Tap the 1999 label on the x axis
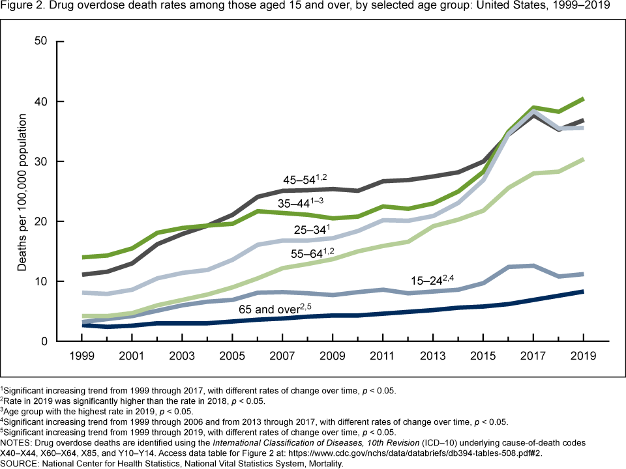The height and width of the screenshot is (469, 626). [82, 358]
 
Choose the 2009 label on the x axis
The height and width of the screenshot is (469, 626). [333, 358]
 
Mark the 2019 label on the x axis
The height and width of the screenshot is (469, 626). [582, 358]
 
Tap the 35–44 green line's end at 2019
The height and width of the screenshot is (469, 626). [582, 99]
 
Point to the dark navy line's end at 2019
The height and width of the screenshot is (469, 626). [582, 291]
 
